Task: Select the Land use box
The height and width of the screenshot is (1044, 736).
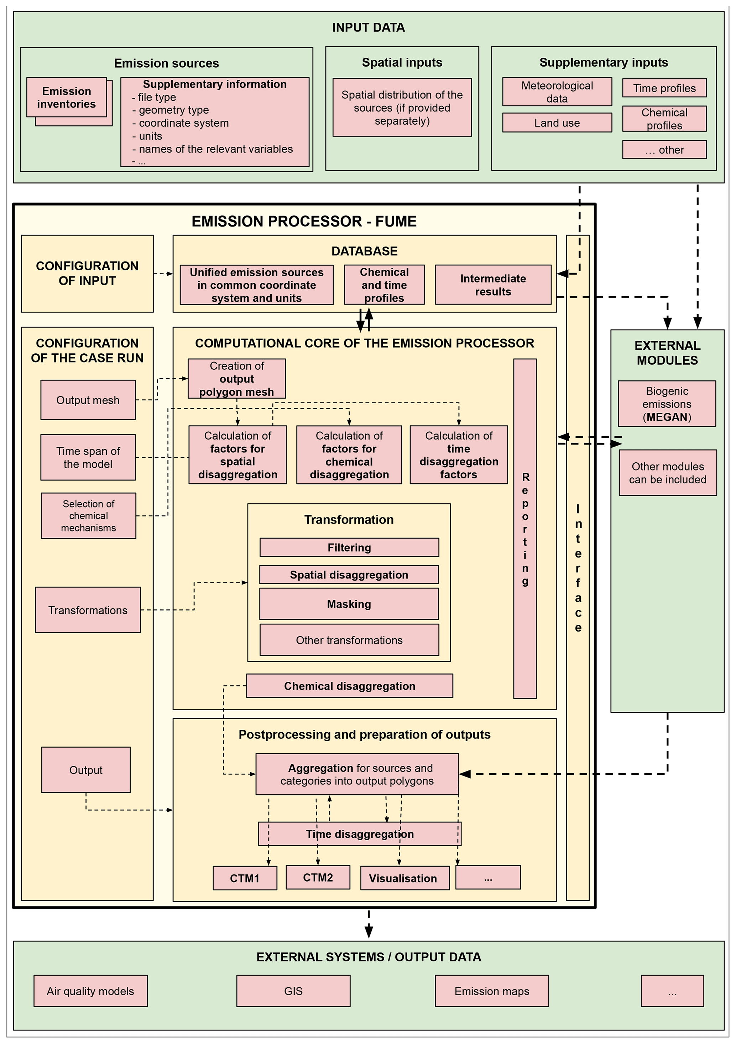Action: tap(557, 123)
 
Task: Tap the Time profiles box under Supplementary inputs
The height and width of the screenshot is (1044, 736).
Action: tap(664, 88)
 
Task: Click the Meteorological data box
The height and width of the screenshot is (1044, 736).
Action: tap(557, 92)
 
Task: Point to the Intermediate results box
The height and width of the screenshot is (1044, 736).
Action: tap(493, 285)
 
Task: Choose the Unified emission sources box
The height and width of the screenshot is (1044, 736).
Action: tap(256, 285)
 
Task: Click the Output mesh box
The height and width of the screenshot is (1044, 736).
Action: tap(88, 400)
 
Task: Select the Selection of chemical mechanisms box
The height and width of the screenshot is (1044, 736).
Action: tap(88, 516)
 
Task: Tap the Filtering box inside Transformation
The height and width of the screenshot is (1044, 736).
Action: tap(349, 547)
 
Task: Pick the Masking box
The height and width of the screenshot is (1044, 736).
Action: tap(349, 604)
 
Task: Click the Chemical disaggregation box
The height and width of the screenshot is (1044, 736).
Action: tap(350, 686)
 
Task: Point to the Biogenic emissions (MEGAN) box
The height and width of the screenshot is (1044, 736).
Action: tap(667, 404)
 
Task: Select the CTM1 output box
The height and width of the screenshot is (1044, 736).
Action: tap(245, 878)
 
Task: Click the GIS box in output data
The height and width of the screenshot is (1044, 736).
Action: tap(293, 991)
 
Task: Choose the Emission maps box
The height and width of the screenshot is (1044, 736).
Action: tap(492, 991)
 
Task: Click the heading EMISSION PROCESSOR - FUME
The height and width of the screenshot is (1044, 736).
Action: tap(304, 222)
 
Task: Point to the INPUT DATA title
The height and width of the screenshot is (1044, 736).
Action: tap(368, 28)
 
